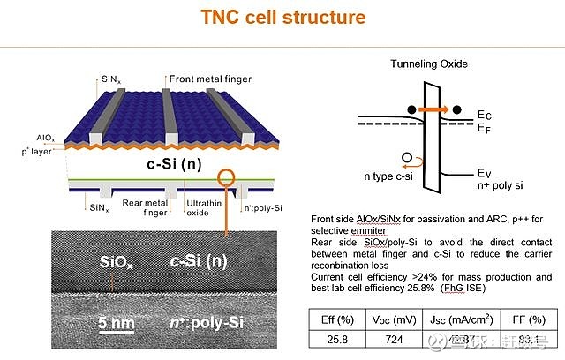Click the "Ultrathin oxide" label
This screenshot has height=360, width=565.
[x=202, y=209]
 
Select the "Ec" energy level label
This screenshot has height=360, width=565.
[x=484, y=114]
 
